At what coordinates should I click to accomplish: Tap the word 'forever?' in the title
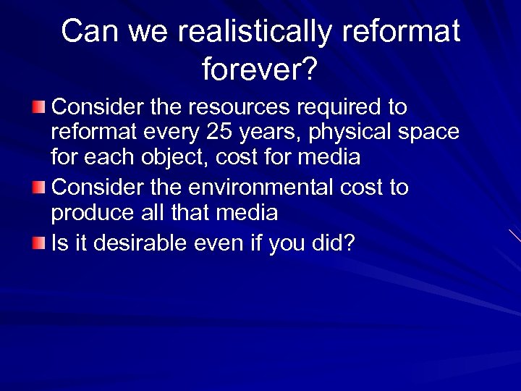260,70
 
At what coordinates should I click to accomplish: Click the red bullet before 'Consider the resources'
40,108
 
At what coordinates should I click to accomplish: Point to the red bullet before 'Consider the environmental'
40,188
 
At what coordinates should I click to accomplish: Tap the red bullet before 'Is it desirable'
40,243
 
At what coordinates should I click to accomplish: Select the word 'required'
334,109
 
